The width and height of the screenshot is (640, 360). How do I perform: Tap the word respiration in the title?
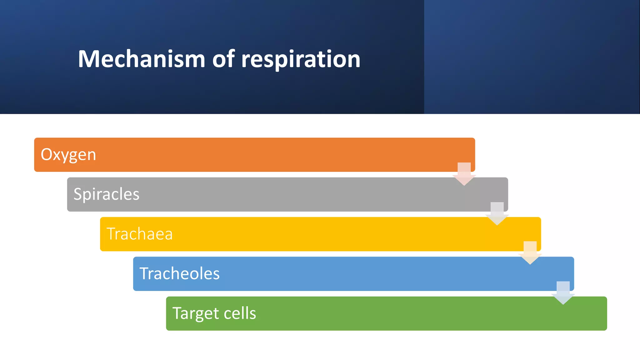301,59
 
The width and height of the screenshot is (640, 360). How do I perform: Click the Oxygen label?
68,155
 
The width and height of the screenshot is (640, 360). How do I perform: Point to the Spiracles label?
106,194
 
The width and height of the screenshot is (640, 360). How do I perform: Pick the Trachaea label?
139,234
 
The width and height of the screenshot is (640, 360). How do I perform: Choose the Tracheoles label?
179,274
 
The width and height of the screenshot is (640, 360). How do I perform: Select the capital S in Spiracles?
78,194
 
